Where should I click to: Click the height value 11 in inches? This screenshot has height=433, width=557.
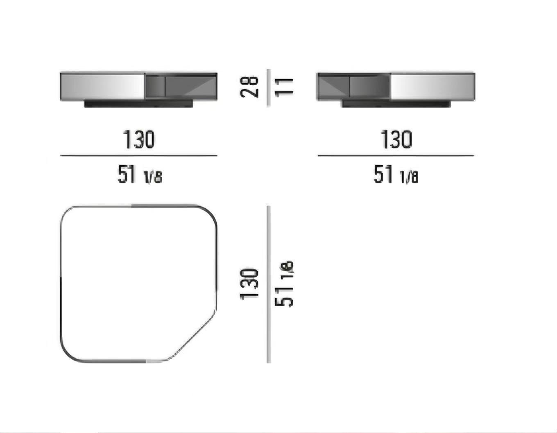(x=284, y=87)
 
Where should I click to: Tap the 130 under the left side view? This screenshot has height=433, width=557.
(x=139, y=139)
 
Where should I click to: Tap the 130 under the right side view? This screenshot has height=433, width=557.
(x=396, y=139)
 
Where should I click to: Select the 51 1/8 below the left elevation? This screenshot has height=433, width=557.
(x=140, y=174)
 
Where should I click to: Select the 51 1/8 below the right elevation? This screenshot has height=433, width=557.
(x=396, y=174)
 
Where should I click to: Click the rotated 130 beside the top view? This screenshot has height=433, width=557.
(x=249, y=284)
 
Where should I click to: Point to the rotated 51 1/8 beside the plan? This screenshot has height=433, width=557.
(x=284, y=284)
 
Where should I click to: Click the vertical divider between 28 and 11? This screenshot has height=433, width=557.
(x=268, y=88)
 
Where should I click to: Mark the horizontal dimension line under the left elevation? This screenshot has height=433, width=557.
(x=139, y=156)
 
